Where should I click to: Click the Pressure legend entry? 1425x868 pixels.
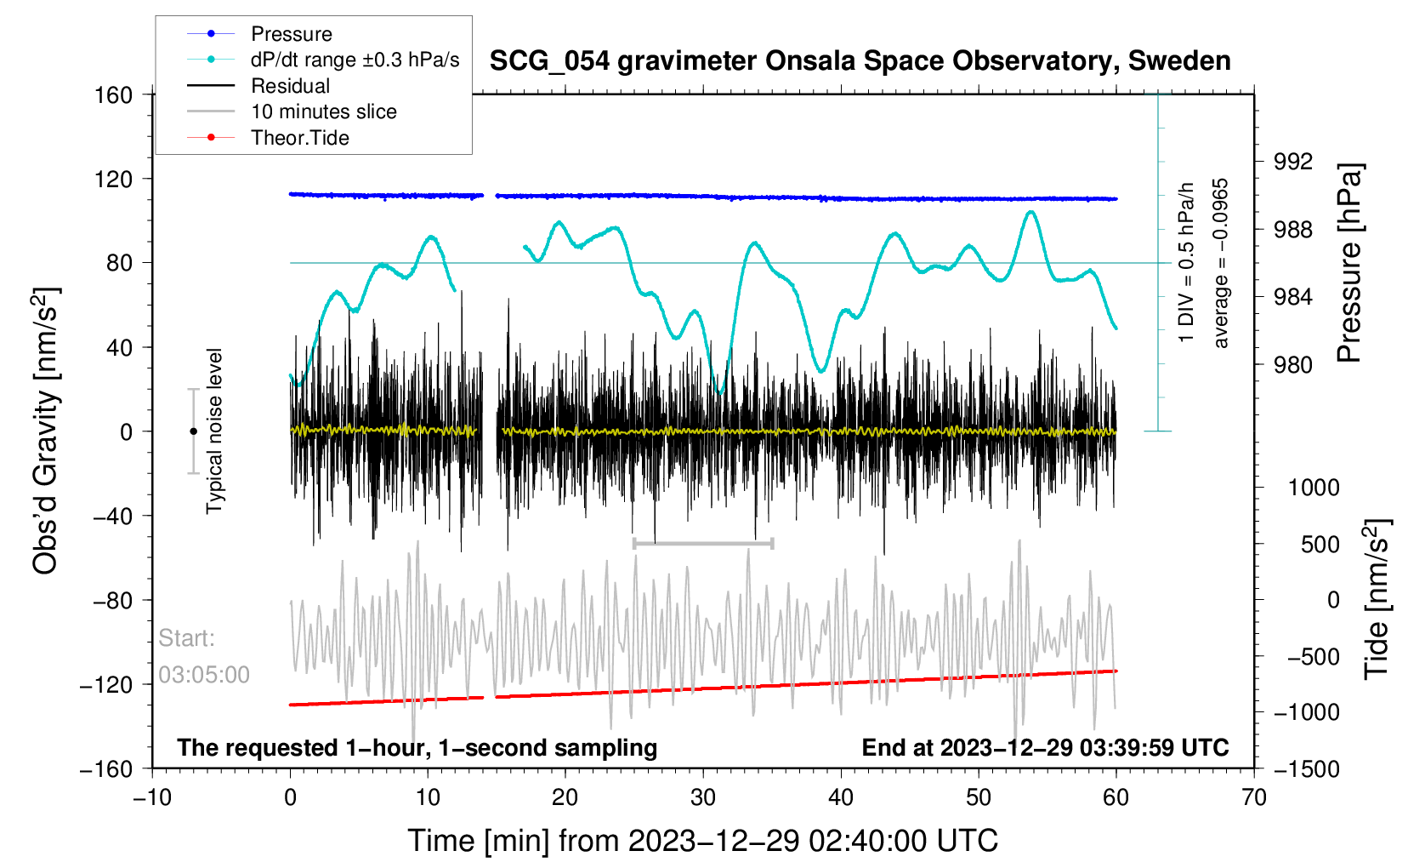(291, 34)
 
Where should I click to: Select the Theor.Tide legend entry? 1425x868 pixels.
(299, 138)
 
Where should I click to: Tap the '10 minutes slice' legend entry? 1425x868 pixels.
(323, 111)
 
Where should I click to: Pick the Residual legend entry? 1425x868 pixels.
(290, 86)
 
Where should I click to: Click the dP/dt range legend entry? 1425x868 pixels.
(355, 60)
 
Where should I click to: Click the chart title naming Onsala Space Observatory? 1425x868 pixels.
(860, 61)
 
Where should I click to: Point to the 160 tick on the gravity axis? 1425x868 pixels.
(114, 95)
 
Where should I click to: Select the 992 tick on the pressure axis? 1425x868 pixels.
(1292, 162)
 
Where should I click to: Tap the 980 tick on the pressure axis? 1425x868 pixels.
(1292, 365)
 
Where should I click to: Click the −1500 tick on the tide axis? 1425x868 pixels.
(1306, 769)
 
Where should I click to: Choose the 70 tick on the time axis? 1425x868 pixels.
(1253, 797)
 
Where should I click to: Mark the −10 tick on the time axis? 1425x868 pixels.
(152, 797)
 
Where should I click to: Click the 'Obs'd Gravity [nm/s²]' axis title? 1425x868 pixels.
(46, 431)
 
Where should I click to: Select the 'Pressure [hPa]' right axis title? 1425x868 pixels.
(1350, 264)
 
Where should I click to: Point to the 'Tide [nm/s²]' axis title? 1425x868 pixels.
(1377, 599)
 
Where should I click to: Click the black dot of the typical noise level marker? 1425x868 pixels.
(193, 431)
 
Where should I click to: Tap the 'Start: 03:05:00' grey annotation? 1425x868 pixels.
(204, 656)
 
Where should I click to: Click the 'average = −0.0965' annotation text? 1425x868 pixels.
(1221, 264)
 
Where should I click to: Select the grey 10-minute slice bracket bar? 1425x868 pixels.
(703, 543)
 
